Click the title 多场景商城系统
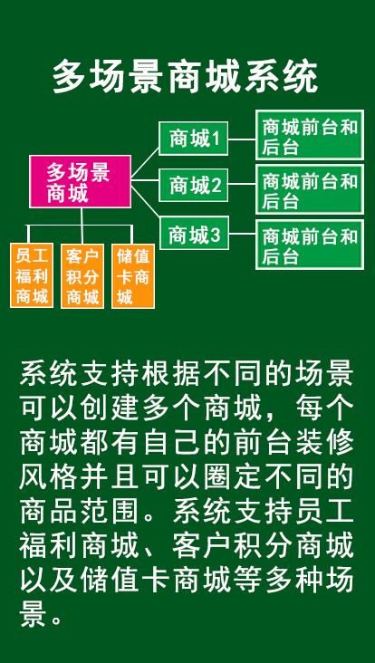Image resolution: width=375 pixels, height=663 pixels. coord(185,77)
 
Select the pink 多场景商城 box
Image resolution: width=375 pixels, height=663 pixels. coord(80,181)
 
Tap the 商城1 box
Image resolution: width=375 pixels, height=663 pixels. coord(194,139)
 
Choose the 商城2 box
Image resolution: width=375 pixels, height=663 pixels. coord(194,185)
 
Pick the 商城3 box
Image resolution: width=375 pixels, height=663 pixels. coord(194,233)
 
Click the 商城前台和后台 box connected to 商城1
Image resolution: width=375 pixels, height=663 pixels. coord(310,135)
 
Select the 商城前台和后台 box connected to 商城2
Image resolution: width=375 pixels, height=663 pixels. coord(310,189)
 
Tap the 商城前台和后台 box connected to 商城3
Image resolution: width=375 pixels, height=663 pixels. coord(310,244)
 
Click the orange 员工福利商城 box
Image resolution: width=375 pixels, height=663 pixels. coord(32,275)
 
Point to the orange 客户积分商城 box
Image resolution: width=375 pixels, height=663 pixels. coord(82,275)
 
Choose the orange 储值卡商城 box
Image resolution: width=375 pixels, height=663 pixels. coord(133,275)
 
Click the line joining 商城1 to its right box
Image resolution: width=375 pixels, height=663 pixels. coord(242,139)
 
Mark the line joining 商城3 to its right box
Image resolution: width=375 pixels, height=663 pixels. coord(242,233)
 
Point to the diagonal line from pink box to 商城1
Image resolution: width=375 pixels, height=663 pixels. coord(145,163)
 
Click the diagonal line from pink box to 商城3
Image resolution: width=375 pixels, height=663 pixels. coord(145,203)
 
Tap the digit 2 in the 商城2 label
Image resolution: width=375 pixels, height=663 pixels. coord(216,186)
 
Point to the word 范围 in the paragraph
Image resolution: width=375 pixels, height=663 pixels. coord(111,511)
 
